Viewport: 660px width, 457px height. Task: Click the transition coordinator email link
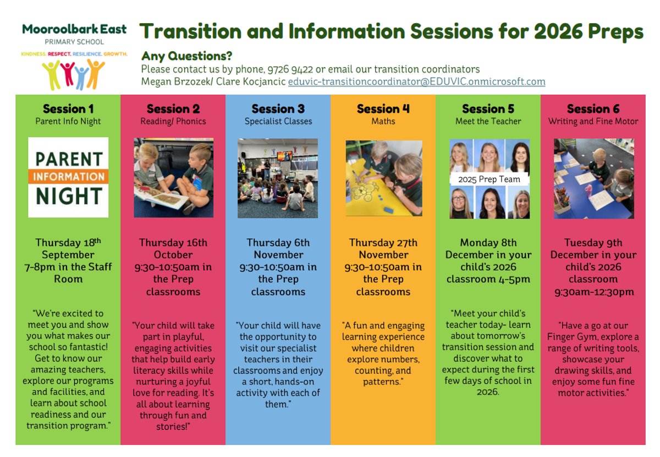tap(417, 81)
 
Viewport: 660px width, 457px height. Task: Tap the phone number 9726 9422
tap(290, 69)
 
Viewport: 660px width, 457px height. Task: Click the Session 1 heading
tap(68, 109)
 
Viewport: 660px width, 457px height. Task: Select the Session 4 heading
tap(383, 109)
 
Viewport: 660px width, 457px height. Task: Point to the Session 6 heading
tap(593, 109)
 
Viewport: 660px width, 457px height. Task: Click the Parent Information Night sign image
tap(68, 177)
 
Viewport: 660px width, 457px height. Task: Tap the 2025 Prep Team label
tap(489, 179)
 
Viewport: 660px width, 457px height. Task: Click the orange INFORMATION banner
tap(68, 176)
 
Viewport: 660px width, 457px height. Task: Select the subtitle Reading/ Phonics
tap(173, 121)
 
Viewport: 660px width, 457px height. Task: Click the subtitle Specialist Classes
tap(278, 121)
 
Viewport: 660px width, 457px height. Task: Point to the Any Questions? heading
tap(187, 56)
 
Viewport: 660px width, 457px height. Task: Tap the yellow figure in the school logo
tap(52, 75)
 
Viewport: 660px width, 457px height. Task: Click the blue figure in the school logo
tap(81, 78)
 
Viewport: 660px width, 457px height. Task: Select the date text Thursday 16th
tap(173, 242)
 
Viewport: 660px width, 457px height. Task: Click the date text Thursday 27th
tap(383, 242)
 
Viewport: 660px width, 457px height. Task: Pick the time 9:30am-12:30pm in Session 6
tap(593, 292)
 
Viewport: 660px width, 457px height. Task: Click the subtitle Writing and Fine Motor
tap(593, 121)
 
